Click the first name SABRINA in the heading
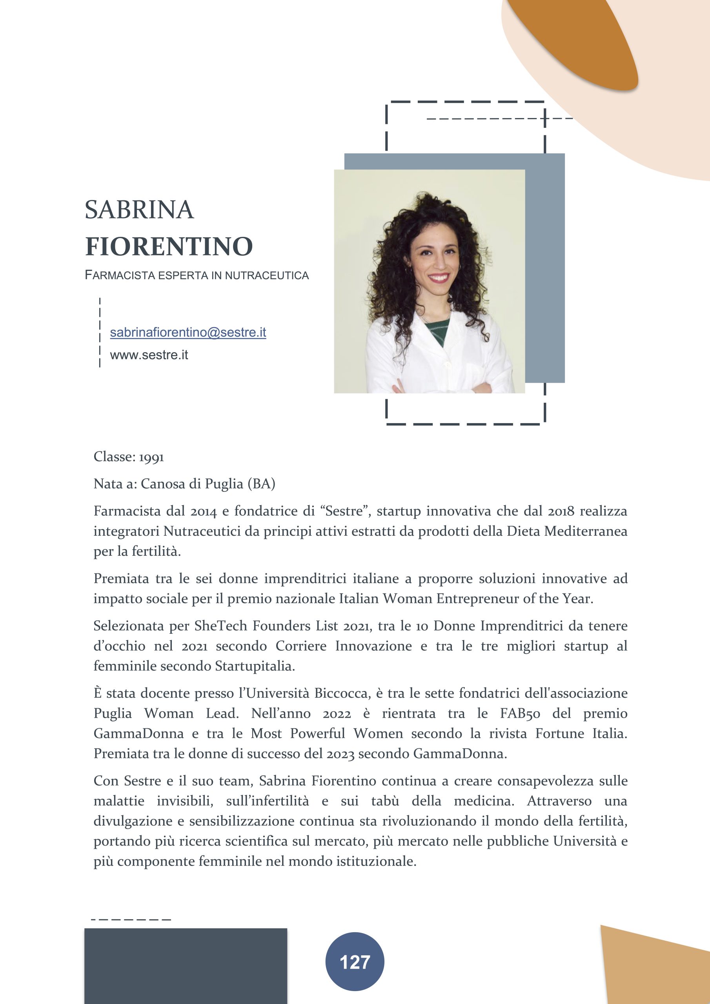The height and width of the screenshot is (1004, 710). click(x=139, y=210)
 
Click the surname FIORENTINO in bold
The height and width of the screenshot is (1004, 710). click(x=169, y=246)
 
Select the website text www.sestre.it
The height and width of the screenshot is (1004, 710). click(x=149, y=355)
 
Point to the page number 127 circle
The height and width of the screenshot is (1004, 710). click(x=354, y=962)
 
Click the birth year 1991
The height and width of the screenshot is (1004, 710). click(x=151, y=457)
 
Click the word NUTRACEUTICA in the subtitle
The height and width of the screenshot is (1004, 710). click(x=267, y=275)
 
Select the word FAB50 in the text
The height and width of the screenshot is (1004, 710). click(x=520, y=713)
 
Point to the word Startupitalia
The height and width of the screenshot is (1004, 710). click(x=255, y=666)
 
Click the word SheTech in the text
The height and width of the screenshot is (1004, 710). click(x=220, y=626)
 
